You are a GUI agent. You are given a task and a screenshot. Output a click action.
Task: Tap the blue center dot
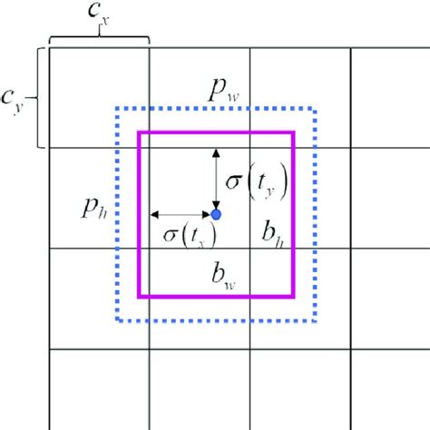216,215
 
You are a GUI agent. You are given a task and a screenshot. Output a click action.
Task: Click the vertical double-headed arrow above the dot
216,179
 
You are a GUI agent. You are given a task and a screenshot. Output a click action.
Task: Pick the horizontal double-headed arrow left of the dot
181,215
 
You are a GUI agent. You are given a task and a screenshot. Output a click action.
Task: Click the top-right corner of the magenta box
294,132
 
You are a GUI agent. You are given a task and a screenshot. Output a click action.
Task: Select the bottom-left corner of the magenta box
138,297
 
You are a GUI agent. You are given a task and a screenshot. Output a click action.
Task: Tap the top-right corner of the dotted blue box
315,109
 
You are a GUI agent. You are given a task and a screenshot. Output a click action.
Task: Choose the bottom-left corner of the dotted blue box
116,320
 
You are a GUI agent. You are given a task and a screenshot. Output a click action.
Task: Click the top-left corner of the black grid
49,47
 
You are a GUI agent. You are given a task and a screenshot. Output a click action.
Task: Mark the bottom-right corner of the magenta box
294,297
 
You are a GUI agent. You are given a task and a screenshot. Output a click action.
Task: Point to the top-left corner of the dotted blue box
116,109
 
